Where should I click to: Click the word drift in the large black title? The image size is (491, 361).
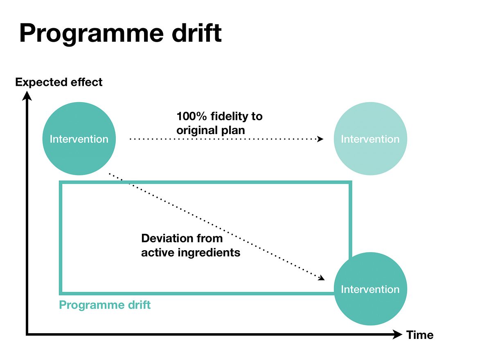coord(197,33)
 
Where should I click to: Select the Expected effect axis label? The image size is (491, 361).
coord(59,83)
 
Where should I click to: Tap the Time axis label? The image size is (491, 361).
coord(419,335)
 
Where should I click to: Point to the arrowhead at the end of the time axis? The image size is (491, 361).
coord(397,334)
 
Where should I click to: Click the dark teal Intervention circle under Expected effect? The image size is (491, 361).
coord(79,139)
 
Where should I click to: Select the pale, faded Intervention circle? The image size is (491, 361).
coord(370,139)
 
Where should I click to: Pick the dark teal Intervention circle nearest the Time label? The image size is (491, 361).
coord(370,289)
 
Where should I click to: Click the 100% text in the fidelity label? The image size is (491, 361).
coord(191,116)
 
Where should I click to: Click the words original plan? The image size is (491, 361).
coord(211,130)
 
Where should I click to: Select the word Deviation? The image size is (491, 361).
coord(169,238)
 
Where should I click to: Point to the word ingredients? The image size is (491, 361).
coord(209,253)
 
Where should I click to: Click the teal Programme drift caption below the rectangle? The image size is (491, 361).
coord(105,305)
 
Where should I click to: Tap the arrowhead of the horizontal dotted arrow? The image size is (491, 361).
coord(320,139)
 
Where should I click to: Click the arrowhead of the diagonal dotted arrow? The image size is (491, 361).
coord(322,278)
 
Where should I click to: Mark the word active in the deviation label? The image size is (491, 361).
coord(158,253)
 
